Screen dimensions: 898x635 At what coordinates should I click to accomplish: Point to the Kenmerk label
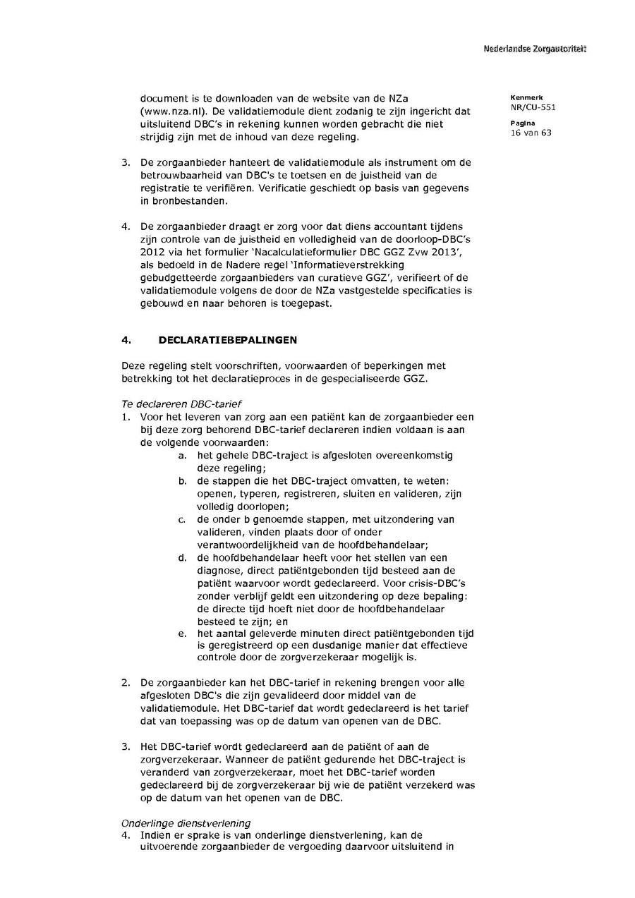pos(523,97)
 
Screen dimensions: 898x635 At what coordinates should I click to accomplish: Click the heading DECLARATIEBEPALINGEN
pos(228,340)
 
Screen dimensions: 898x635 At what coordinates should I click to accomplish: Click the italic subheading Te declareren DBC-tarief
pos(181,404)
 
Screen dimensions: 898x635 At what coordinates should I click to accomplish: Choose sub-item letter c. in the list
pos(182,518)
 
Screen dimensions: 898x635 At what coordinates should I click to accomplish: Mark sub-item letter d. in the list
pos(182,557)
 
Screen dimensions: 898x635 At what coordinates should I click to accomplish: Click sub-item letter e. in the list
pos(182,633)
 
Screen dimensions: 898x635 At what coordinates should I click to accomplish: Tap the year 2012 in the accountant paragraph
pos(152,252)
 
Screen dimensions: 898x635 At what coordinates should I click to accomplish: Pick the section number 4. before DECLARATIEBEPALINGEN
pos(126,340)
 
